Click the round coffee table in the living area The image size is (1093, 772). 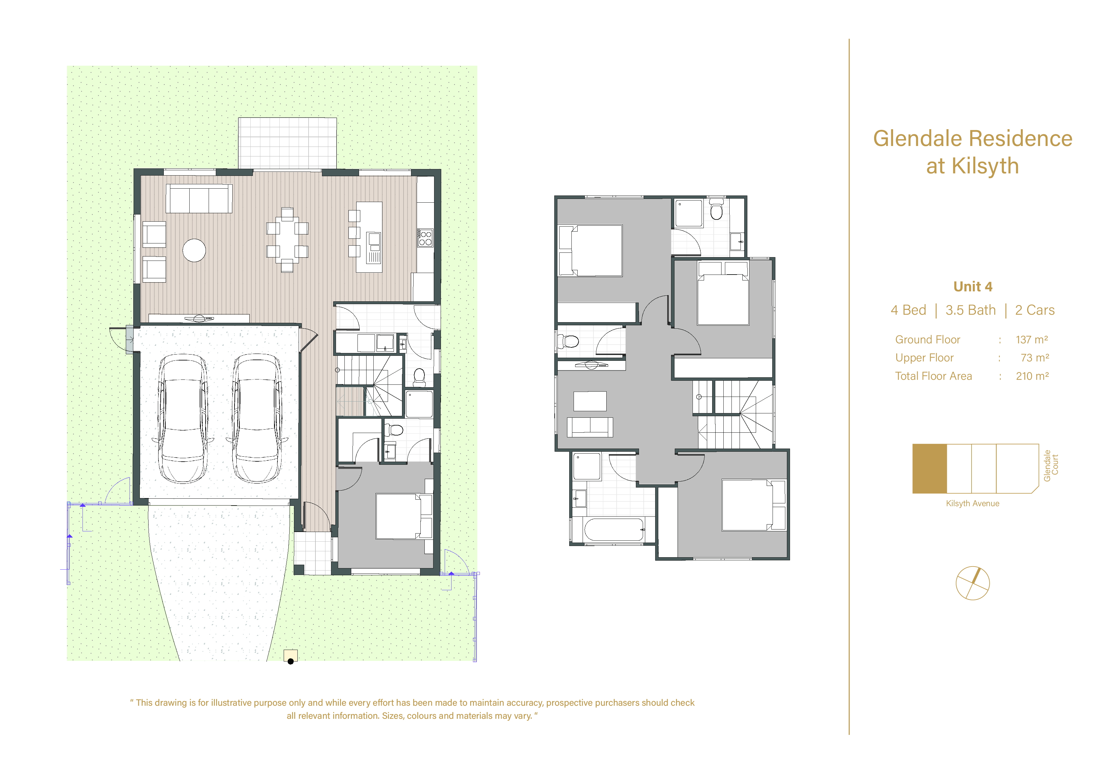click(x=194, y=250)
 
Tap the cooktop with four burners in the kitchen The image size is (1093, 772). click(x=425, y=238)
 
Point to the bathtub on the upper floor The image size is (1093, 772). click(x=614, y=529)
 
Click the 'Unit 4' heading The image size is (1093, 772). click(x=972, y=286)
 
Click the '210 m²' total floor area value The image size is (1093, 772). click(x=1032, y=376)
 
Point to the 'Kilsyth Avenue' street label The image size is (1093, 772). click(x=972, y=504)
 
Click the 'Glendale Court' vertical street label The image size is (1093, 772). click(x=1051, y=465)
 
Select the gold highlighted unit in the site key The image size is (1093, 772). click(x=929, y=468)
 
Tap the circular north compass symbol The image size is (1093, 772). click(x=972, y=583)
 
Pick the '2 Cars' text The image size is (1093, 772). click(x=1034, y=310)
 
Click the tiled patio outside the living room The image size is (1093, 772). click(x=287, y=143)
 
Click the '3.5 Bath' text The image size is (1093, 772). click(x=970, y=310)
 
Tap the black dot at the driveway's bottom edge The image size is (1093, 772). click(x=291, y=661)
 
